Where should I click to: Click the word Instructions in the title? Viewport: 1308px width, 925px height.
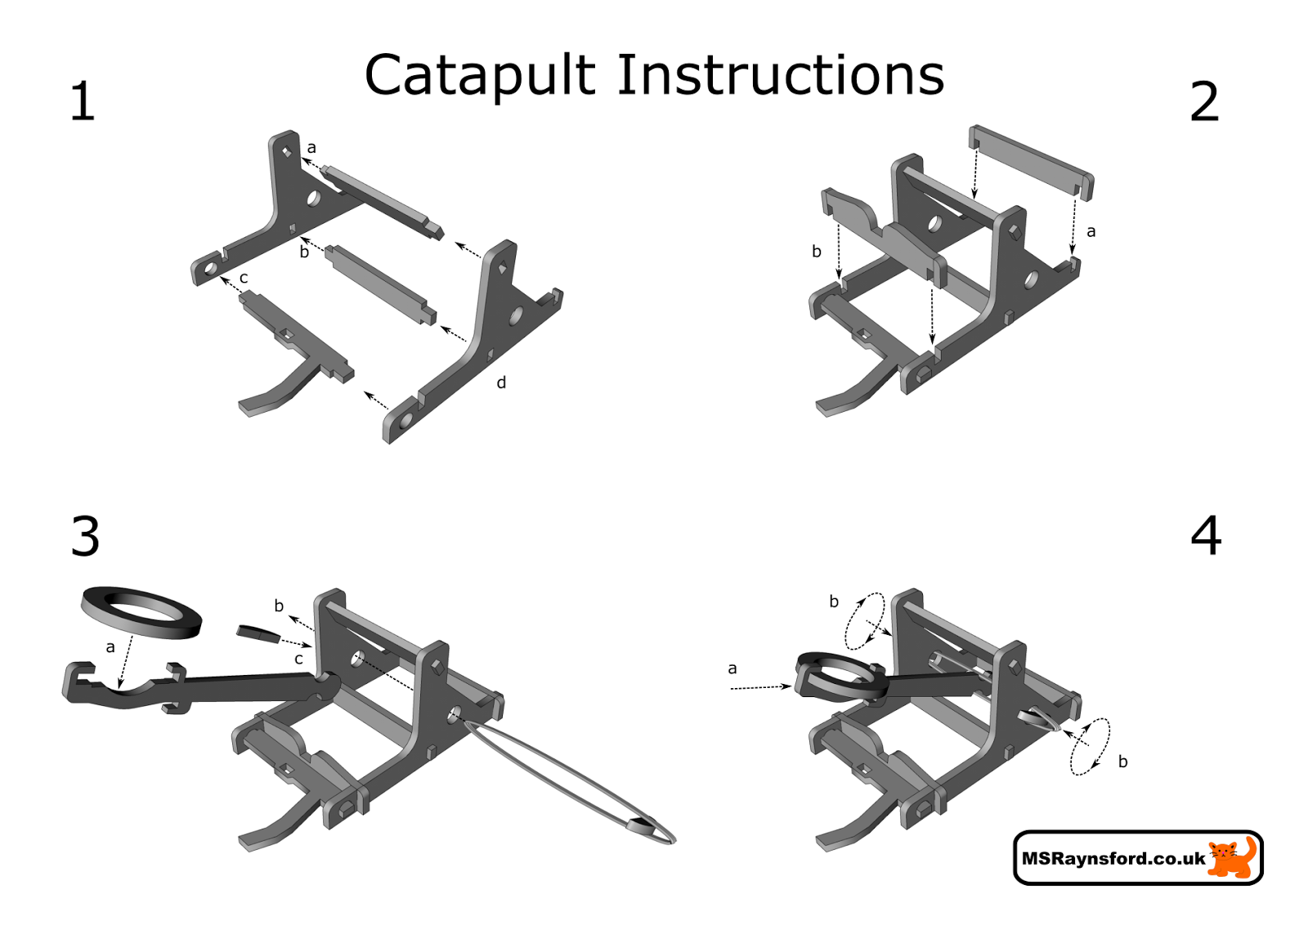780,75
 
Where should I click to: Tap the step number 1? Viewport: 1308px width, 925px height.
82,102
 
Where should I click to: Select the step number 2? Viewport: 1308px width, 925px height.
1203,102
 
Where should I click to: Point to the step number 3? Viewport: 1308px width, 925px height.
85,537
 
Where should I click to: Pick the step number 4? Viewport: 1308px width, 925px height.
1206,536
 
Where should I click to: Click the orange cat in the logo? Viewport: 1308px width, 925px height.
1231,857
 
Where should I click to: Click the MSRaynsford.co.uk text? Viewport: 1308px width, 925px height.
1113,859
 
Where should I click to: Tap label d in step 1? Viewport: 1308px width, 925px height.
501,382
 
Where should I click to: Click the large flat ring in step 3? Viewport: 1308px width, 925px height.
141,612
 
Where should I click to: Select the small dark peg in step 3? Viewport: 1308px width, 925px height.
258,633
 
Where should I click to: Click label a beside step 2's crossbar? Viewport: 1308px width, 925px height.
1091,232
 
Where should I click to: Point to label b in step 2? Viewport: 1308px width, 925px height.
816,252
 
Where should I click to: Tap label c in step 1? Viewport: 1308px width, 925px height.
244,279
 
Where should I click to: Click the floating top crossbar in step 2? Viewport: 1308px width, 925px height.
1031,160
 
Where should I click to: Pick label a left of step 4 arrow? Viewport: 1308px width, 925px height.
732,668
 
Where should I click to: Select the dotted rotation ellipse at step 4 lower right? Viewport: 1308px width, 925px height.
1091,746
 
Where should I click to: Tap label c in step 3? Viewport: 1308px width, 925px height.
298,659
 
